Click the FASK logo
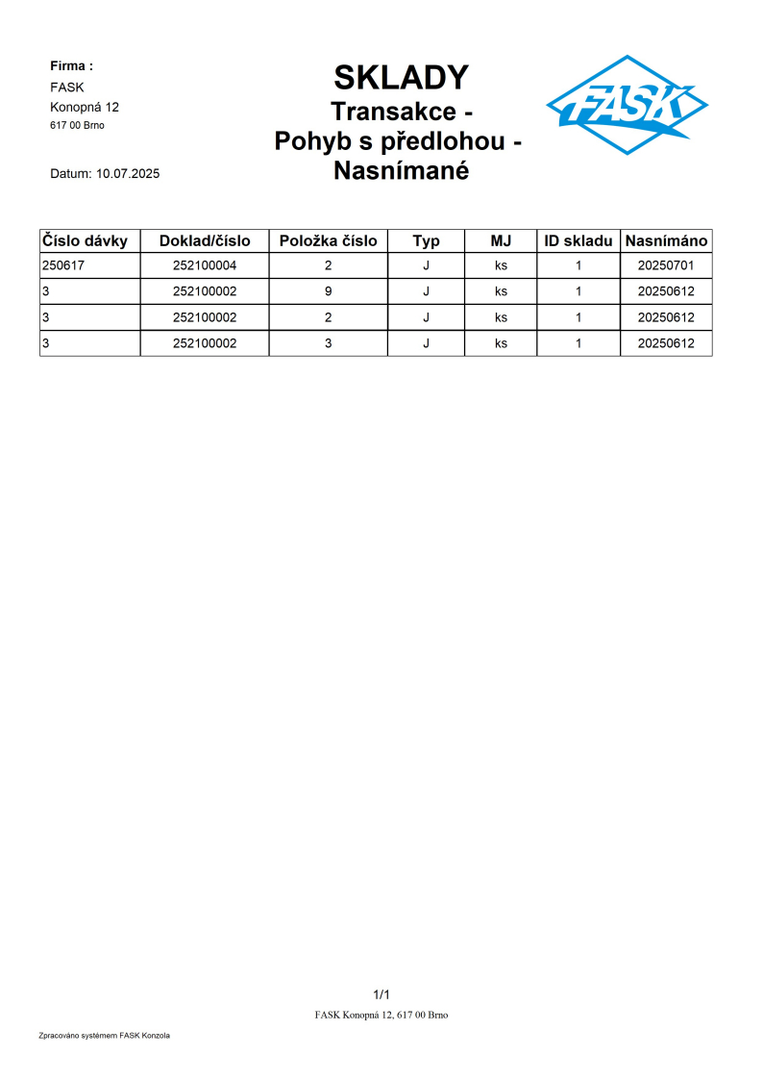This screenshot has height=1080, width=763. [627, 105]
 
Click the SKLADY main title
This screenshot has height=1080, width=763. [401, 77]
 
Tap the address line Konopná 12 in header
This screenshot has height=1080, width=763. [85, 107]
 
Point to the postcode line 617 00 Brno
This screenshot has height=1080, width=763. [77, 125]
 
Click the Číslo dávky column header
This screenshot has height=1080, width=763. [86, 240]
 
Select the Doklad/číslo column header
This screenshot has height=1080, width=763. [205, 240]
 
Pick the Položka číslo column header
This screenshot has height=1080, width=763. [329, 240]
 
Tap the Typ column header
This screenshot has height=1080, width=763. [426, 240]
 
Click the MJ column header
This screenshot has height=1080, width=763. [501, 240]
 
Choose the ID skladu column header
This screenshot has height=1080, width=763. [578, 240]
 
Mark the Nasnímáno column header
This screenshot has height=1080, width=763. [666, 240]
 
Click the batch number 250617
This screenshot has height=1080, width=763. [62, 265]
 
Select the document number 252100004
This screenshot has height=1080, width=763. [205, 265]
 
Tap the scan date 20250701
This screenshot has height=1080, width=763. [666, 265]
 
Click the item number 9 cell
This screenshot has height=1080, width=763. [329, 291]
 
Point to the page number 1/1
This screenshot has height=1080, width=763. [381, 993]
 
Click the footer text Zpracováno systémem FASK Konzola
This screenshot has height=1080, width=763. [104, 1036]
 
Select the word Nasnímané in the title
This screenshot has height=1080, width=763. [401, 171]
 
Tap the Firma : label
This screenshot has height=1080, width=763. [71, 66]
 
